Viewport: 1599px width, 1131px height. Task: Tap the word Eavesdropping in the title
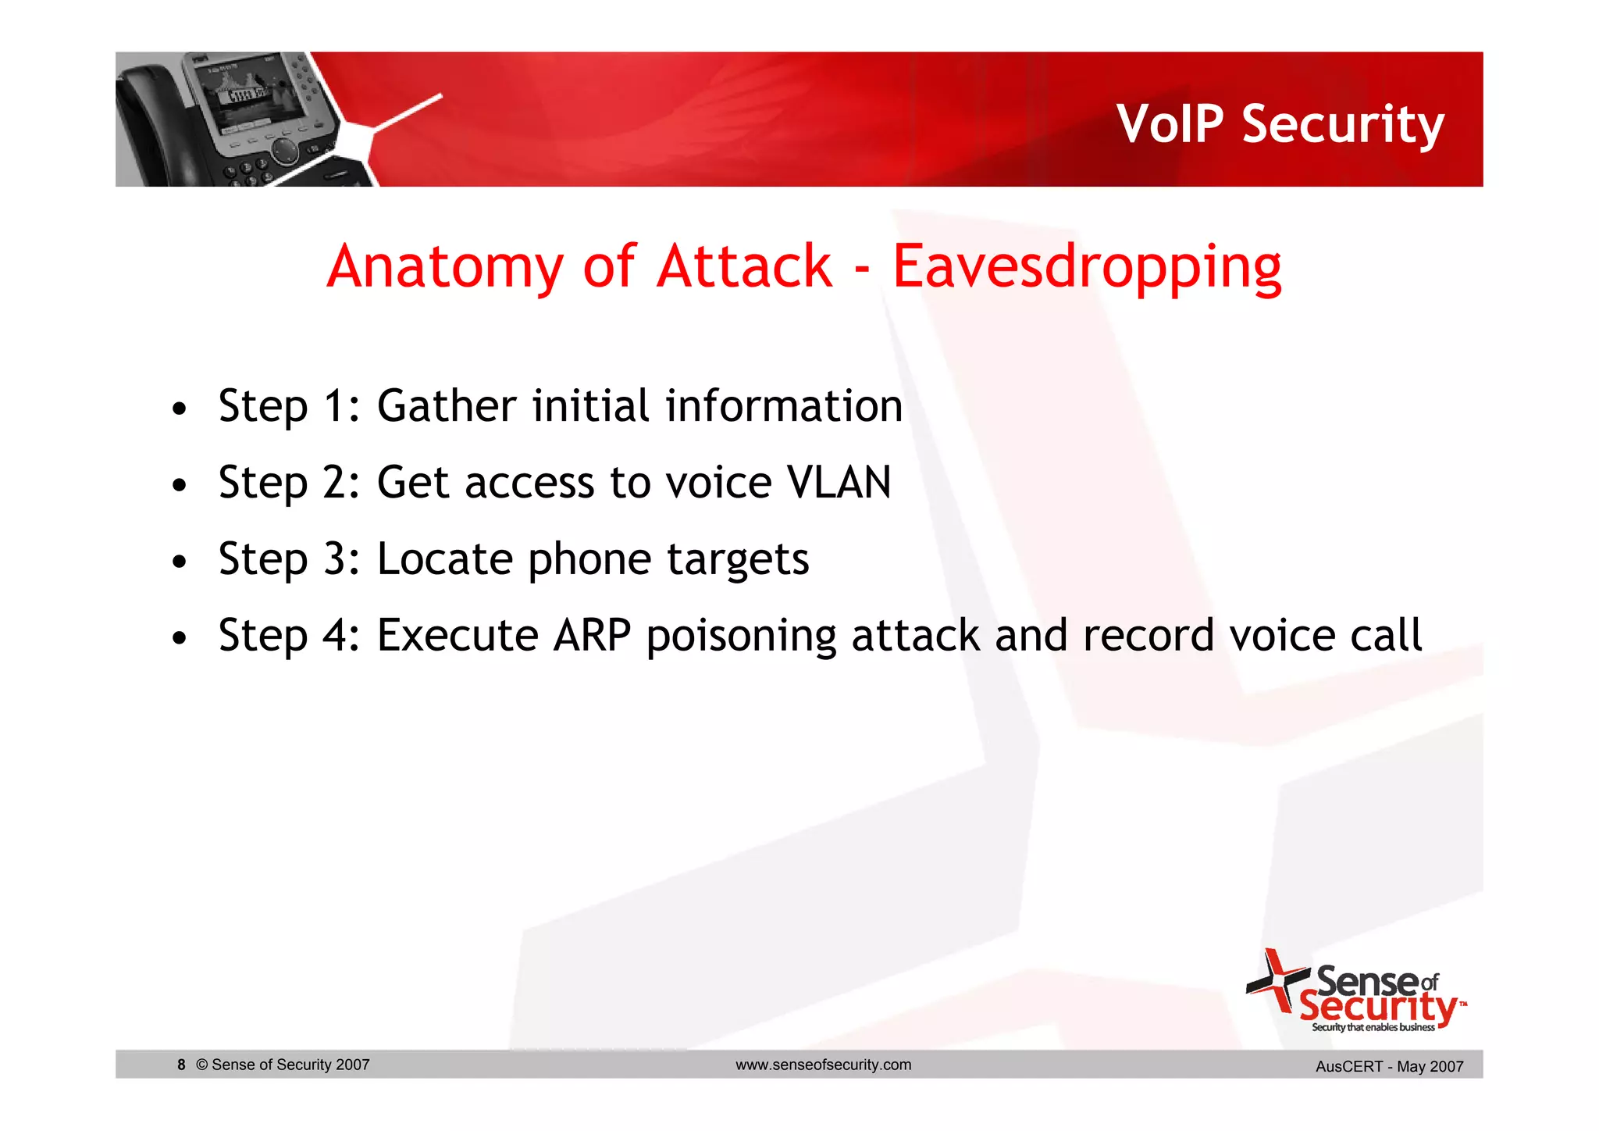(1086, 267)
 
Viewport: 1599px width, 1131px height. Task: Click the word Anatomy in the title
(444, 267)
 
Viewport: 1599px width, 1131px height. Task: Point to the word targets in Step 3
(738, 560)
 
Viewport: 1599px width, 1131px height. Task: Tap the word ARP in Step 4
(592, 635)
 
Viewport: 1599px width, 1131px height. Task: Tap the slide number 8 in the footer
(181, 1065)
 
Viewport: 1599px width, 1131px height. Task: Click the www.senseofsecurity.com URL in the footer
(823, 1065)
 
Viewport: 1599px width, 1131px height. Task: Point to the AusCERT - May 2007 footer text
(1389, 1066)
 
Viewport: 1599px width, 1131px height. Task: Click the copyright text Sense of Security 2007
(283, 1065)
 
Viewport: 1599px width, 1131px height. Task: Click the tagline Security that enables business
(1373, 1027)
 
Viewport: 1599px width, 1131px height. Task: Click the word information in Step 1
(784, 406)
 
